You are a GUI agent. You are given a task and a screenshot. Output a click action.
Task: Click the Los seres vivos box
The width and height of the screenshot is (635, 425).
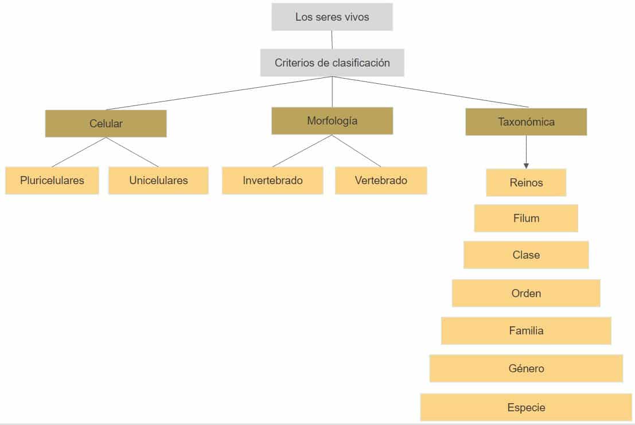(x=332, y=17)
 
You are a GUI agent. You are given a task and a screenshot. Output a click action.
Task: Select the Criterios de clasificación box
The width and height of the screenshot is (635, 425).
(x=332, y=63)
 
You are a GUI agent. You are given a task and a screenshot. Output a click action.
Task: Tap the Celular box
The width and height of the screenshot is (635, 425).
(x=106, y=123)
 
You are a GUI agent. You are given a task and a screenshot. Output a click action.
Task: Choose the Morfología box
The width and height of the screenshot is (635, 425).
(x=332, y=121)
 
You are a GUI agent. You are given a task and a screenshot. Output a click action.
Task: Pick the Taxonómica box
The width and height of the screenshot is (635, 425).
(x=526, y=122)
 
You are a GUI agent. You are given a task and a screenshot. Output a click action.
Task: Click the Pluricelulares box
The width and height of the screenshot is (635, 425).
(x=52, y=181)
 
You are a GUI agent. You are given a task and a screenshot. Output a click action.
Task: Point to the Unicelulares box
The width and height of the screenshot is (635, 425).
(x=158, y=181)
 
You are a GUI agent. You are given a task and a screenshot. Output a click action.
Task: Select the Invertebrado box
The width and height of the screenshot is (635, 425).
(x=272, y=181)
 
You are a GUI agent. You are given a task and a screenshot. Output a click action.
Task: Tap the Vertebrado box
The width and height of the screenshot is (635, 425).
(x=381, y=181)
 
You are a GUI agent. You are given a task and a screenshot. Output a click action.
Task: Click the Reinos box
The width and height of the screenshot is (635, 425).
(x=526, y=183)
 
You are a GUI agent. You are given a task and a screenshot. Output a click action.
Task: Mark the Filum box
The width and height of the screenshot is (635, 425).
(x=526, y=219)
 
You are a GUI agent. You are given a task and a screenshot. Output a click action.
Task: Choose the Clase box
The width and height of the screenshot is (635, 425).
(x=526, y=255)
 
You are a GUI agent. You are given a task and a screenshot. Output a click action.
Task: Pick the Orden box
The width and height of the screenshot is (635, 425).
(x=526, y=294)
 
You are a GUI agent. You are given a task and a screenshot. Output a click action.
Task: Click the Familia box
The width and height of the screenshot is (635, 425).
(x=526, y=331)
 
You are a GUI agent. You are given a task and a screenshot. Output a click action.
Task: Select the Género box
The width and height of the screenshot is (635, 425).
(x=526, y=369)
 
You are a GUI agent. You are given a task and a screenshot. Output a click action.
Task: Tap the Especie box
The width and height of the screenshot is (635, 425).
(x=526, y=408)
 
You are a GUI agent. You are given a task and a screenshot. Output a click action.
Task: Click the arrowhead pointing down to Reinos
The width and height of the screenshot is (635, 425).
(x=526, y=165)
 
